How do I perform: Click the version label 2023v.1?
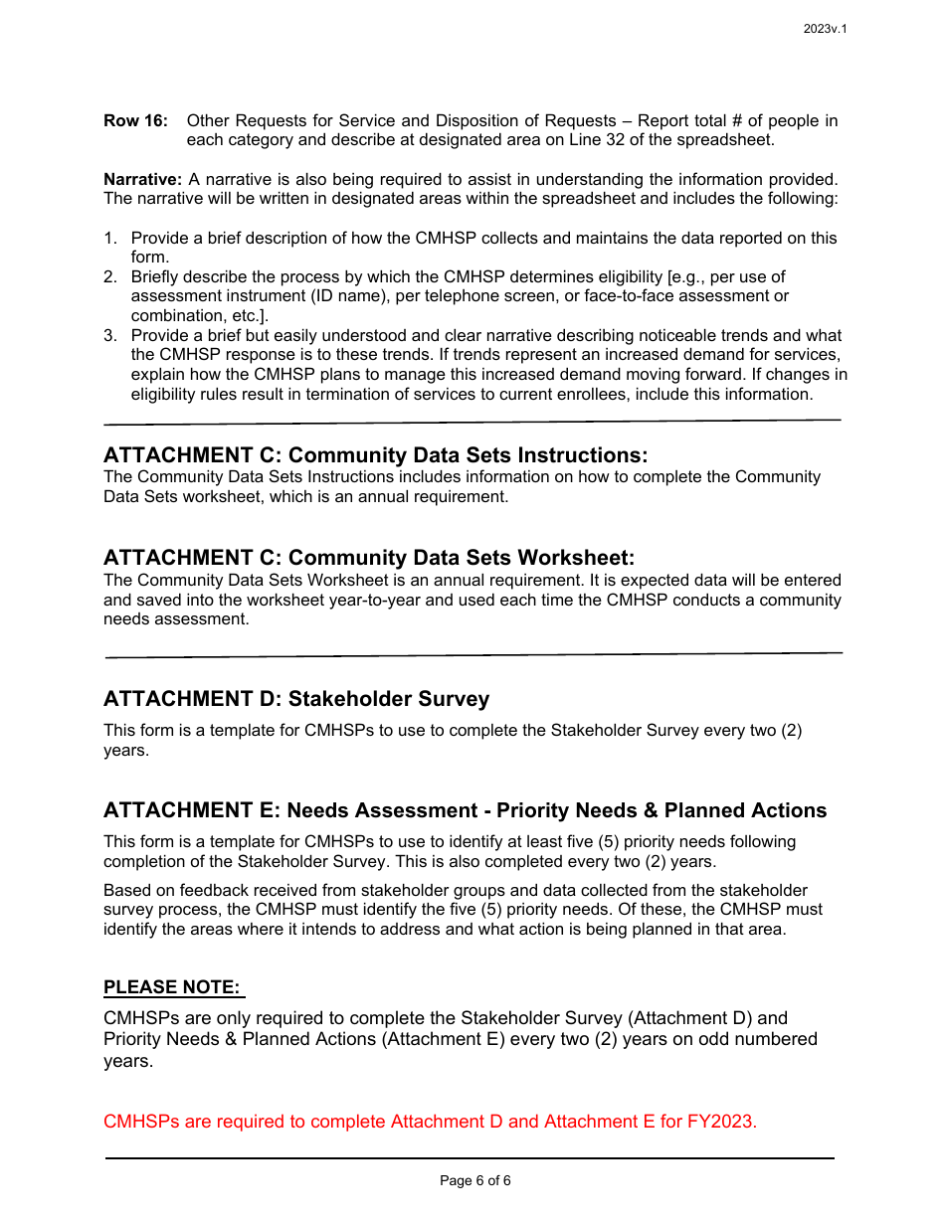(x=825, y=29)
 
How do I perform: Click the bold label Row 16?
(x=135, y=121)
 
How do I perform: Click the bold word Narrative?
(x=142, y=180)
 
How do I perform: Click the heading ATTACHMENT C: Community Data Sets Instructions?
(x=375, y=455)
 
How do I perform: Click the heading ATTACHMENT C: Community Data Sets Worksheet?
(x=369, y=558)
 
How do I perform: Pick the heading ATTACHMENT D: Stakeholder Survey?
(x=296, y=699)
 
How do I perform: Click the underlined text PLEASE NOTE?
(x=172, y=987)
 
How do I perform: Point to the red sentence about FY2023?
(x=430, y=1122)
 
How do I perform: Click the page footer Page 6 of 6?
(x=475, y=1181)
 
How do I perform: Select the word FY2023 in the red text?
(x=722, y=1122)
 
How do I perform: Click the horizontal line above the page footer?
(x=470, y=1158)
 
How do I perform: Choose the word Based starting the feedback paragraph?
(x=126, y=891)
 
